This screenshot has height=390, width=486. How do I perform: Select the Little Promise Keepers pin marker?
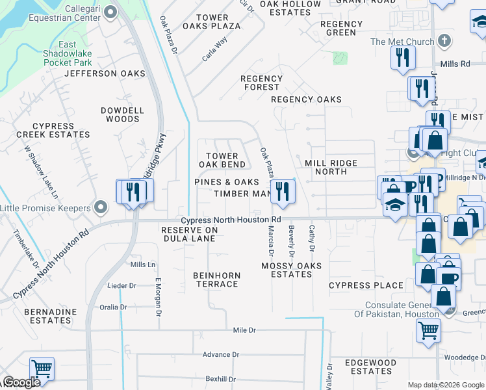coord(101,207)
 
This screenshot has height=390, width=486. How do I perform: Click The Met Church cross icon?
coord(444,42)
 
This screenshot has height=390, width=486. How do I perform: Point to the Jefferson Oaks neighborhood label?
coord(105,73)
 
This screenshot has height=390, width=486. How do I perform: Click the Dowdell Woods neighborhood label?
coord(122,115)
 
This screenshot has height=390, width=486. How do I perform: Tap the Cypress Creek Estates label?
coord(53,130)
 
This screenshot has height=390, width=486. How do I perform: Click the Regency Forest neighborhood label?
coord(261,83)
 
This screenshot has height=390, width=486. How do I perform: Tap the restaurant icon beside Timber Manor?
coord(282,190)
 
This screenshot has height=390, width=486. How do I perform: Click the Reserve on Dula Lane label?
coord(189,234)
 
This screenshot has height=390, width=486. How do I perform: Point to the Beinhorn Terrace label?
coord(217,280)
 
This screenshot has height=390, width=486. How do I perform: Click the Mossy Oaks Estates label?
coord(291,270)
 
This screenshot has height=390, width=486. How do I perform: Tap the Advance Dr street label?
coord(221,354)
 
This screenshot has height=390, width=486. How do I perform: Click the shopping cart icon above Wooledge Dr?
coord(429,330)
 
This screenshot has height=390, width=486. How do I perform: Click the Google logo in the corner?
coord(22,382)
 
